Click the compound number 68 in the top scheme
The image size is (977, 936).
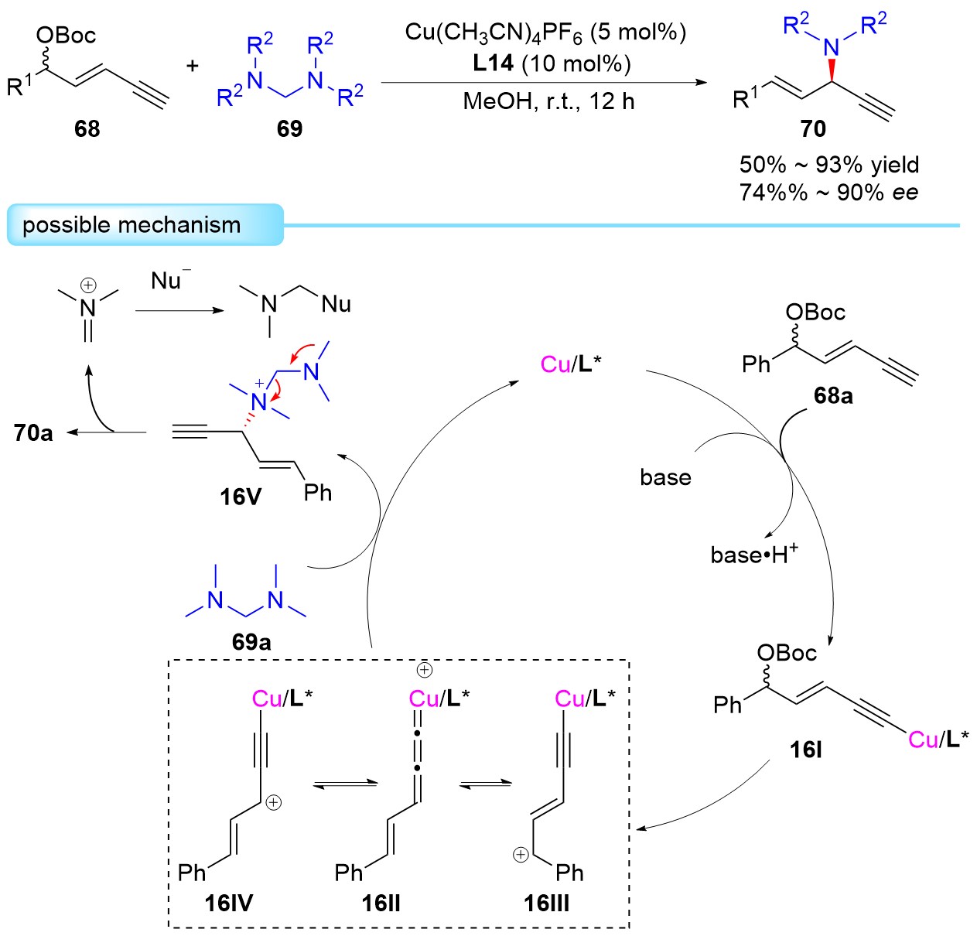point(87,128)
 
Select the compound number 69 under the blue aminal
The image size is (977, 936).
point(289,128)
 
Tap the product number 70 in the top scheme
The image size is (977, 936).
point(813,128)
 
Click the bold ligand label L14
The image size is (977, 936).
point(493,63)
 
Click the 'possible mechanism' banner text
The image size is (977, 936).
point(132,225)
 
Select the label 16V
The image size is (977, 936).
point(241,497)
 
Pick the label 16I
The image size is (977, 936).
point(805,749)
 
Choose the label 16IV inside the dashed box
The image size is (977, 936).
point(229,902)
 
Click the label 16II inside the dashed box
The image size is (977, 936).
point(381,902)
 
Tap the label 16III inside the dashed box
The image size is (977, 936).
point(546,902)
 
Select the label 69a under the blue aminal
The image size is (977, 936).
point(251,642)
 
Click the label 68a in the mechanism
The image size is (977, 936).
point(833,396)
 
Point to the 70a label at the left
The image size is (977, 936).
point(33,432)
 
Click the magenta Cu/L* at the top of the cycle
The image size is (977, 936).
point(571,364)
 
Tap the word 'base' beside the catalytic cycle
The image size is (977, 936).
point(665,477)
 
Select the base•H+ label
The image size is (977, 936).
point(754,554)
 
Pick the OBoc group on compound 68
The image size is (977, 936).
point(66,35)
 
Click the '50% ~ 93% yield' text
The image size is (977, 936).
point(828,165)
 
